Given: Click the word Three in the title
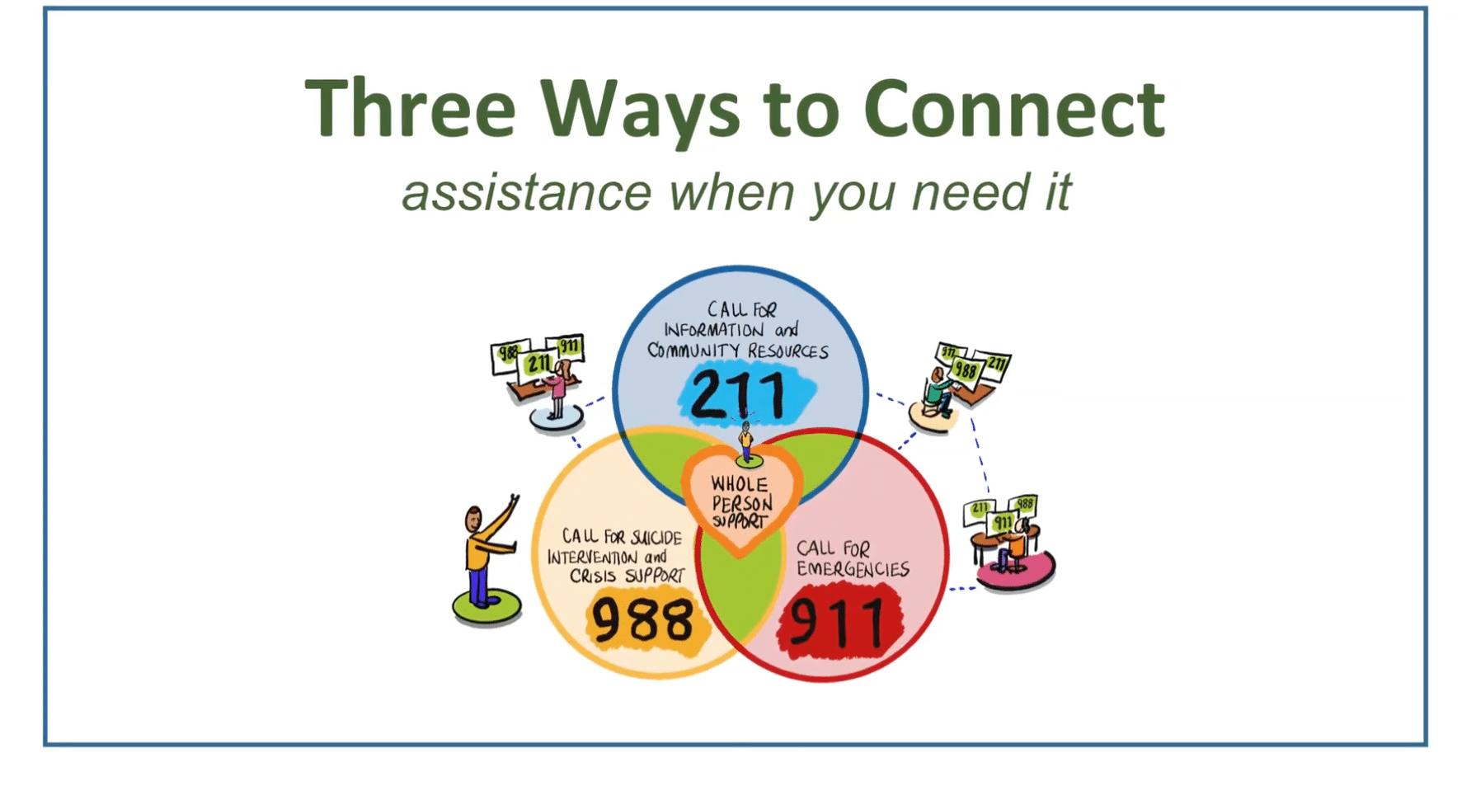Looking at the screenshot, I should point(410,108).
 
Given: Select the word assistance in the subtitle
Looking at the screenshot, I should point(527,192).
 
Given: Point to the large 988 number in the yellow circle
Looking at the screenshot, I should point(643,620).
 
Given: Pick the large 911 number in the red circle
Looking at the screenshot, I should point(836,623).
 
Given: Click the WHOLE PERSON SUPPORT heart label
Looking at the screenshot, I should point(740,502).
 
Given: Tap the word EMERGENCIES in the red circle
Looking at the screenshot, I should point(853,569).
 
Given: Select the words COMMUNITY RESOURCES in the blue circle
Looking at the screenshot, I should point(738,351).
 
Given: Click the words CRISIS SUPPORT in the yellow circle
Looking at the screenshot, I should point(627,575).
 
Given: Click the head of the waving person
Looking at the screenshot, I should point(473,520).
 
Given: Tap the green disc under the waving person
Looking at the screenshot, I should point(487,607).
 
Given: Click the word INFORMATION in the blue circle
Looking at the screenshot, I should point(714,330).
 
